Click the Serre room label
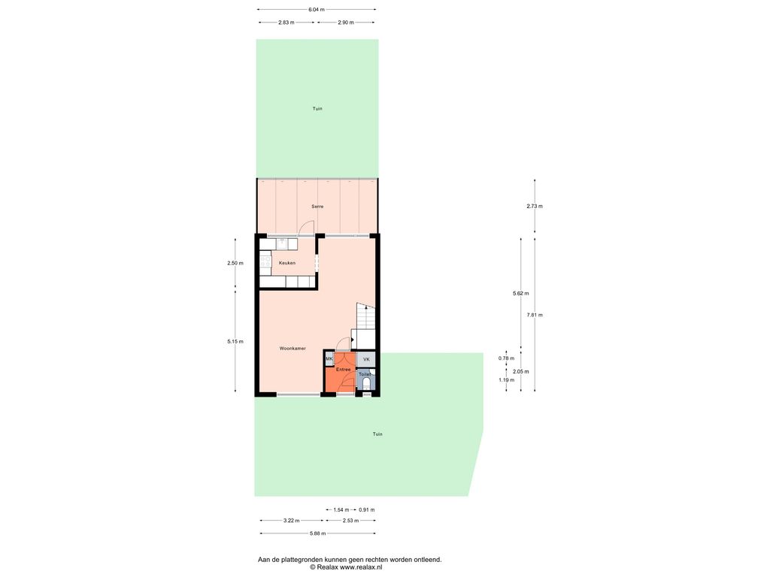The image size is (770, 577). pos(317,207)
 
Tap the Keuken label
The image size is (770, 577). pos(287,263)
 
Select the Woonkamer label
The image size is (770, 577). pos(293,349)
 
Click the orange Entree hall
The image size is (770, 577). pos(340,378)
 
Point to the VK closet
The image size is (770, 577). pos(366,360)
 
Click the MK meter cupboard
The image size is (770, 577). pos(329,358)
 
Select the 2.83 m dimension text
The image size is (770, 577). pos(286,22)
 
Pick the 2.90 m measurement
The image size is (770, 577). pos(346,22)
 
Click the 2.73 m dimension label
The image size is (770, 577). pos(535,206)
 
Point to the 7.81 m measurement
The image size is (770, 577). pos(535,315)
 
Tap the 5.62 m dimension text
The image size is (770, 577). pos(520,294)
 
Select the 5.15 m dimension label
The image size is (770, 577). pos(235,342)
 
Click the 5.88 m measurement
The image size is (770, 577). pos(317,533)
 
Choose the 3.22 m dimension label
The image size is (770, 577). pos(291,521)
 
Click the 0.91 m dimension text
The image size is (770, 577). pos(367,510)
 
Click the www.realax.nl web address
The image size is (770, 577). pos(361,567)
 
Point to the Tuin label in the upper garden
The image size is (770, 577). pos(317,108)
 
